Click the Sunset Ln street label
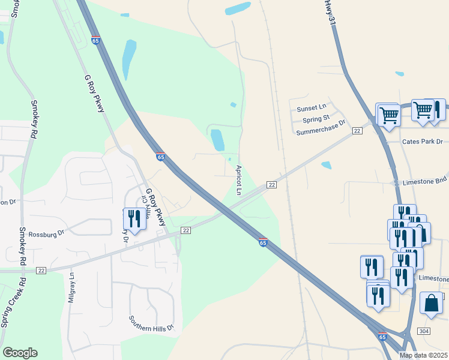coord(312,108)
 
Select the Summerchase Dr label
coord(321,128)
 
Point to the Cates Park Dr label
coord(422,142)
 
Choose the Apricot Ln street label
coord(238,180)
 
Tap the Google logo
coord(20,353)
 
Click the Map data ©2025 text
coord(423,355)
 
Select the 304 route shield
coord(424,331)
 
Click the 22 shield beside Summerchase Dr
coord(357,131)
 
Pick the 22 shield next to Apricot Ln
coord(271,185)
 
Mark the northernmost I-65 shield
coord(95,40)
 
